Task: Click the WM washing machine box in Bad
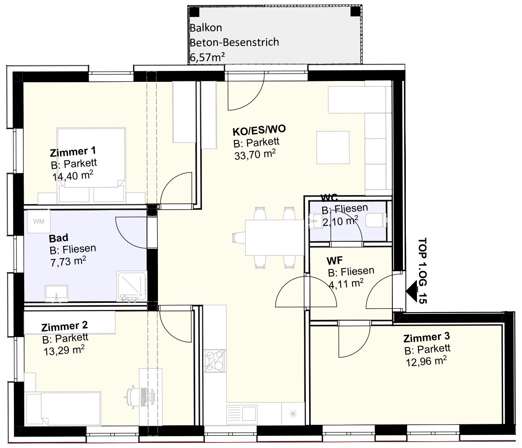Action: coord(39,221)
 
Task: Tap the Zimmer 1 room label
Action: coord(73,151)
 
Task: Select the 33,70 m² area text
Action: coord(255,154)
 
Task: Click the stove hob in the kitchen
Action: coord(215,361)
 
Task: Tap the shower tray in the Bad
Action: coord(132,286)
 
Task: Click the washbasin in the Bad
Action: coord(57,293)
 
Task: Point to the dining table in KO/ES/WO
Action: coord(275,237)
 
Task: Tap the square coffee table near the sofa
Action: coord(333,148)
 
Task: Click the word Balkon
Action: coord(206,28)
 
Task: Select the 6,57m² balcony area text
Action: coord(207,57)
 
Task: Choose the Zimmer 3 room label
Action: coord(427,337)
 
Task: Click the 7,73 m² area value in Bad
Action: coord(68,262)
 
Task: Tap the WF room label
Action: coord(334,261)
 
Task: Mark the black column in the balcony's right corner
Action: coord(355,11)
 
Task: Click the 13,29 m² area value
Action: coord(64,351)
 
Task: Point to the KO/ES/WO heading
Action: coord(259,130)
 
